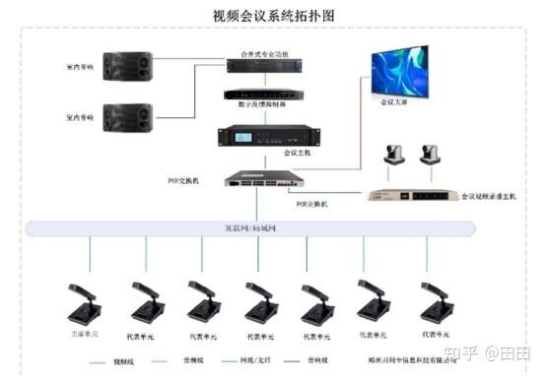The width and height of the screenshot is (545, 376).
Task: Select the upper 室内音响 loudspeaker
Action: pyautogui.click(x=128, y=66)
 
